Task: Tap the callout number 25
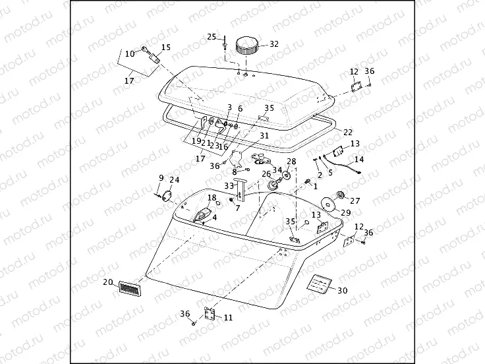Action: click(212, 36)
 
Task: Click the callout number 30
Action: click(341, 291)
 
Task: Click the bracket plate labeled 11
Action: click(210, 315)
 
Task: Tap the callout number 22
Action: click(348, 132)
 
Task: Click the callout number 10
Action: click(130, 53)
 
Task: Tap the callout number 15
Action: click(165, 47)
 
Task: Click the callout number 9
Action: click(161, 177)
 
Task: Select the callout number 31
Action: click(264, 136)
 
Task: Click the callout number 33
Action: click(228, 186)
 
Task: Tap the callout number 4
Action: click(214, 218)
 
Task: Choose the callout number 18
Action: click(212, 197)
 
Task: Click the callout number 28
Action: click(291, 162)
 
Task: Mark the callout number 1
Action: click(315, 187)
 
